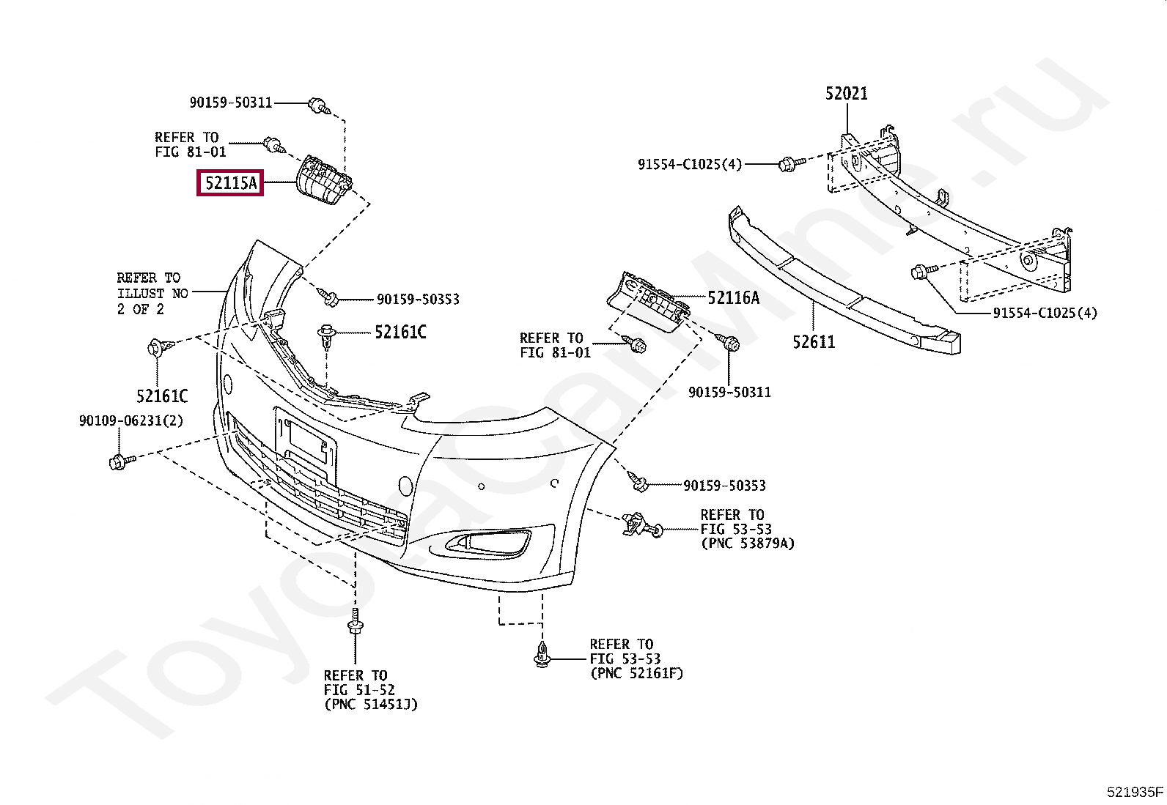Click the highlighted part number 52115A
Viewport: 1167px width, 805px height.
(230, 183)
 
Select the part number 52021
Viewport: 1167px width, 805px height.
(846, 94)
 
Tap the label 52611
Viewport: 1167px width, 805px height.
(814, 341)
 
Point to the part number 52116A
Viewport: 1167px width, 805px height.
(733, 297)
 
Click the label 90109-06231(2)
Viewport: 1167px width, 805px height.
(131, 421)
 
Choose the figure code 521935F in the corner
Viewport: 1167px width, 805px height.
(1135, 792)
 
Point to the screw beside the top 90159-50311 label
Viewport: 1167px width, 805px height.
(319, 105)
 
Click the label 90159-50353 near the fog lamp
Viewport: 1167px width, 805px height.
(724, 486)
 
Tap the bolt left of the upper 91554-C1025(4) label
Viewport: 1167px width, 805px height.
(789, 163)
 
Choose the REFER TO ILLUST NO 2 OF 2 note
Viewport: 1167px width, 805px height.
(152, 294)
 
